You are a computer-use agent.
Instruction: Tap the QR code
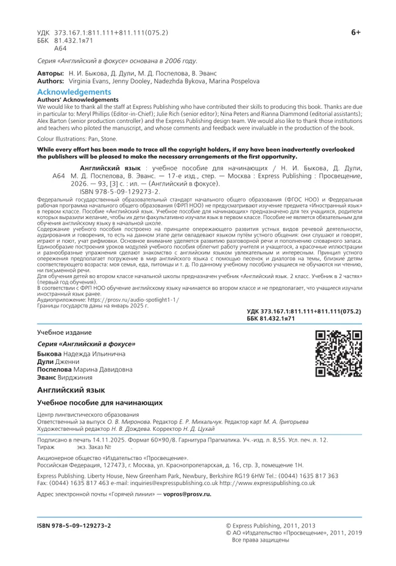339,354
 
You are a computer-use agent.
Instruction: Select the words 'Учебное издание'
64,333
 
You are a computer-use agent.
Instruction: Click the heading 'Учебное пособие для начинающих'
100,402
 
